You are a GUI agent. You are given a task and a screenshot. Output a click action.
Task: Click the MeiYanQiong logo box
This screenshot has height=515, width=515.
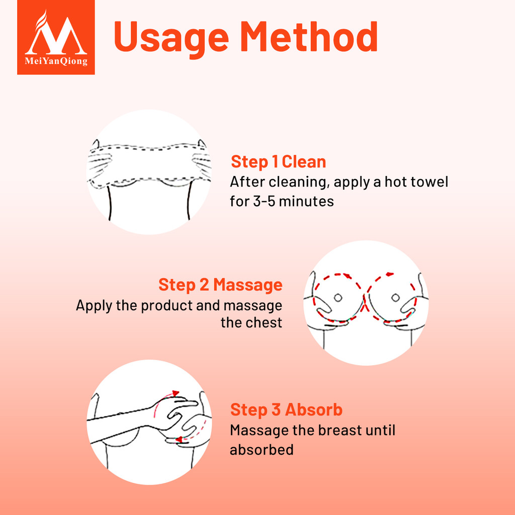56,37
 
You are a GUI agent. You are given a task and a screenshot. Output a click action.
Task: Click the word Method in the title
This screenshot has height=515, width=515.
309,36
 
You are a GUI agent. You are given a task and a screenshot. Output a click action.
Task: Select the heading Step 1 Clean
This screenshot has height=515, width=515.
279,161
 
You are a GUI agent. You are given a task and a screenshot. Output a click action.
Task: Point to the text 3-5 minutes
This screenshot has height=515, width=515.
293,201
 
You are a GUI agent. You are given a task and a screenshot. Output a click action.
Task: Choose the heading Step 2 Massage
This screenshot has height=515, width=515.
220,285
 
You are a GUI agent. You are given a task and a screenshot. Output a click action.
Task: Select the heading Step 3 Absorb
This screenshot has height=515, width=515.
286,409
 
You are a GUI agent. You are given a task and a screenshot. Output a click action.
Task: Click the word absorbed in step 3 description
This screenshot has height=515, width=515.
262,450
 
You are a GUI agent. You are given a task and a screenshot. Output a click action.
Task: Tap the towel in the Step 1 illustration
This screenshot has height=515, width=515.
149,163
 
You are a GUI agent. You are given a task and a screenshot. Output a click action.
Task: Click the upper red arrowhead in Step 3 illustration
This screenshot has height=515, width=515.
176,393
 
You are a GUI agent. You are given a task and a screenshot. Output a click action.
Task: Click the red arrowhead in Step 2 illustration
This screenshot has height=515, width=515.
390,274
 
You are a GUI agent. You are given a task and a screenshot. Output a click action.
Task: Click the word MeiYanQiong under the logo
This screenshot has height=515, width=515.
56,61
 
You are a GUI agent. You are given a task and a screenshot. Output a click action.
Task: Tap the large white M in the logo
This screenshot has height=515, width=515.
56,35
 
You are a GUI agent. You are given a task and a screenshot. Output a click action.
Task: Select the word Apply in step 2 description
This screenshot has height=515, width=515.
94,306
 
